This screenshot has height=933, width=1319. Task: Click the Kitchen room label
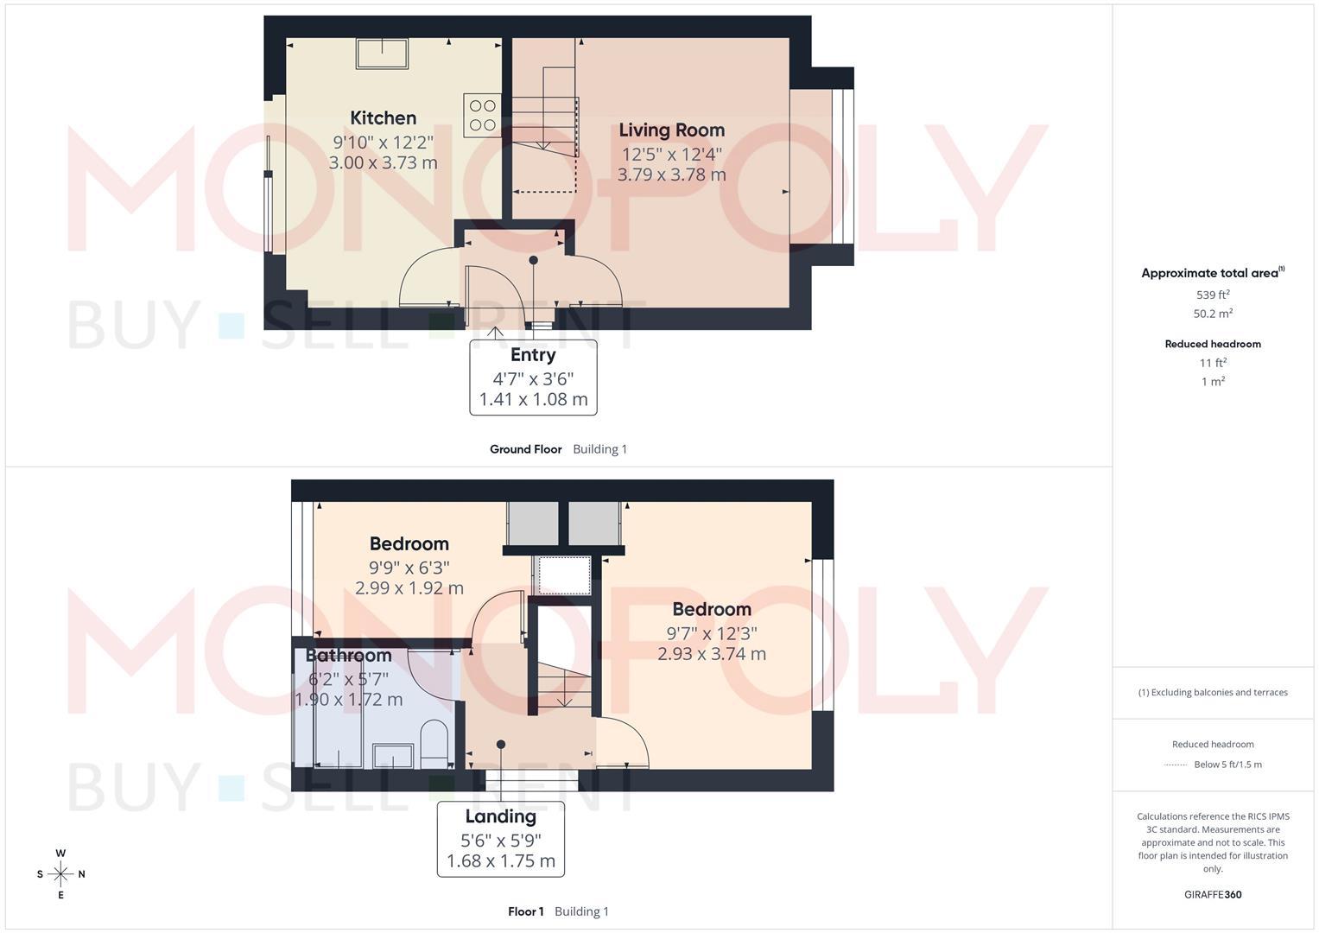[383, 118]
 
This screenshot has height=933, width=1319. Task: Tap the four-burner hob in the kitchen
[482, 115]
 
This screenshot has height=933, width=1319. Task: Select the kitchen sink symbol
[383, 54]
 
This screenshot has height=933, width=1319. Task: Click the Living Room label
[671, 130]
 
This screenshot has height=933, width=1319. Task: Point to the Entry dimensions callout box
[533, 378]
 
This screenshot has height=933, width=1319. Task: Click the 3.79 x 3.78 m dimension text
[671, 175]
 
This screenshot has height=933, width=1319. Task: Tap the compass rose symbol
[60, 874]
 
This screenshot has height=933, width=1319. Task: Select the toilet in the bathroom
[434, 743]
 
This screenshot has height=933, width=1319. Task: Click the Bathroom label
[348, 656]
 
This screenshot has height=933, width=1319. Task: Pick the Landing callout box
[501, 839]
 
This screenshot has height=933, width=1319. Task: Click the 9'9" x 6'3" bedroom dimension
[409, 568]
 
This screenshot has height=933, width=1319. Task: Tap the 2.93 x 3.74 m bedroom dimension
[711, 654]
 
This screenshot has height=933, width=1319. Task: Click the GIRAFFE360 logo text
[1213, 895]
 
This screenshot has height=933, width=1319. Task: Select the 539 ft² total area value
[1213, 295]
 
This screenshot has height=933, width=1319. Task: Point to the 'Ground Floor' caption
[525, 449]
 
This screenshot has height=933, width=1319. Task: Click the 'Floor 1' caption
[525, 911]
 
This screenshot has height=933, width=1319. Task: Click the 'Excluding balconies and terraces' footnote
[1213, 692]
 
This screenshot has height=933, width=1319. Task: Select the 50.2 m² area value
[1213, 314]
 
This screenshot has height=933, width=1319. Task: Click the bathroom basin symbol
[393, 756]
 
